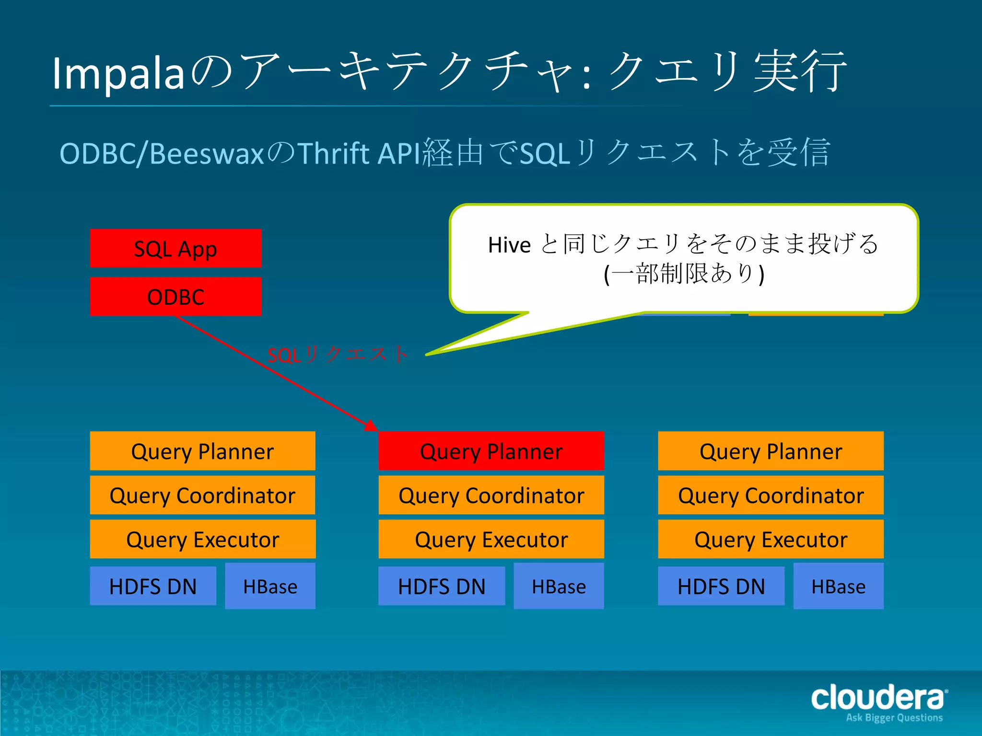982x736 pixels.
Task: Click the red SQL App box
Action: (x=175, y=248)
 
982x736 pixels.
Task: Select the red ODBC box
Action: (x=175, y=297)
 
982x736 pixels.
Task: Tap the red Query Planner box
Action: (x=491, y=451)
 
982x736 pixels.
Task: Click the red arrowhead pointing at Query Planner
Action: (x=371, y=425)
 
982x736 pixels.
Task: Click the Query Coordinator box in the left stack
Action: (x=202, y=495)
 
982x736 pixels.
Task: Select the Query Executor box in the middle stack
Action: (x=491, y=539)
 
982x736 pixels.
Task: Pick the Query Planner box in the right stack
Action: (x=771, y=451)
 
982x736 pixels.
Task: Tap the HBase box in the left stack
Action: (x=270, y=586)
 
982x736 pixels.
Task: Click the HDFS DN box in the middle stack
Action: (x=442, y=586)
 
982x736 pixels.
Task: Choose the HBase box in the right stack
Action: (x=838, y=586)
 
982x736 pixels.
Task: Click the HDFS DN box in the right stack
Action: (x=721, y=586)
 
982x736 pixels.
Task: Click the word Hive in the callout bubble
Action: (x=509, y=245)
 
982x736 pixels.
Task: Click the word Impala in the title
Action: (x=118, y=73)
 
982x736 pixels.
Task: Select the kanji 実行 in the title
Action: (x=800, y=72)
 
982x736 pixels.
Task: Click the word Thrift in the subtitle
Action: (x=334, y=153)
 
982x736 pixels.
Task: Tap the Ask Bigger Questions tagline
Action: (x=894, y=717)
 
